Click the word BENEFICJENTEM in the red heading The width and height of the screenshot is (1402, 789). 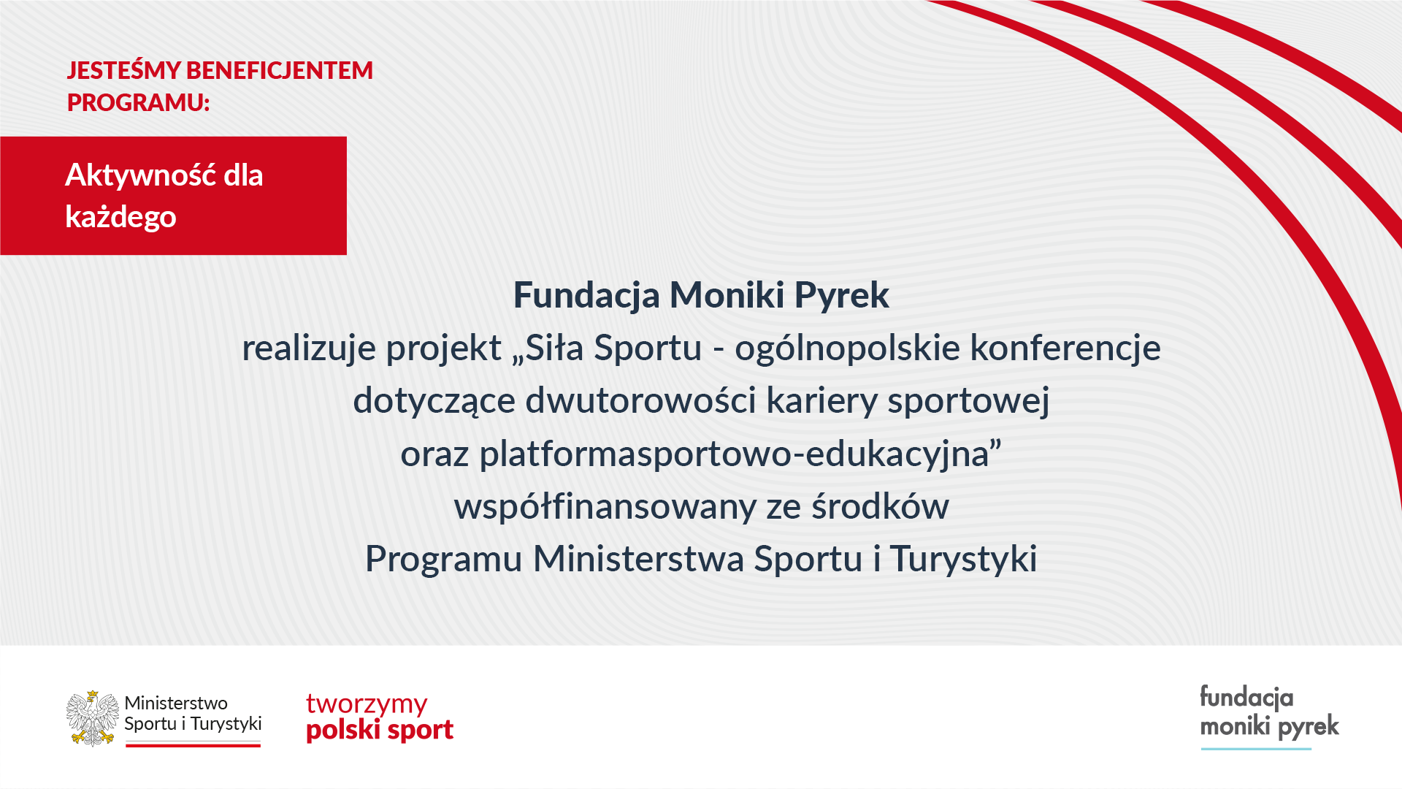pyautogui.click(x=280, y=70)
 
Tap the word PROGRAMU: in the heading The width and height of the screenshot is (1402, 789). pyautogui.click(x=139, y=102)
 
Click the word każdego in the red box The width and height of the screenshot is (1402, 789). pyautogui.click(x=120, y=217)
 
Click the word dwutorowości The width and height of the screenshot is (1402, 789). pyautogui.click(x=640, y=400)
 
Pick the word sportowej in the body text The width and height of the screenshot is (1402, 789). pyautogui.click(x=968, y=401)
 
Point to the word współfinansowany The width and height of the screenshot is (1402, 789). pyautogui.click(x=605, y=507)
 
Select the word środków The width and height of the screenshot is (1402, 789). pyautogui.click(x=880, y=506)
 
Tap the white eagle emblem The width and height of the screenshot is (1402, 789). pyautogui.click(x=93, y=718)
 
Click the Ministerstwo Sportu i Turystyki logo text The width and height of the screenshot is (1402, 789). pyautogui.click(x=193, y=714)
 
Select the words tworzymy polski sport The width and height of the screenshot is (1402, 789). pyautogui.click(x=380, y=717)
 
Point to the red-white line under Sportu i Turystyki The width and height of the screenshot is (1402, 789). pyautogui.click(x=193, y=744)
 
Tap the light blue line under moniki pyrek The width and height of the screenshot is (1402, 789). pyautogui.click(x=1256, y=749)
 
